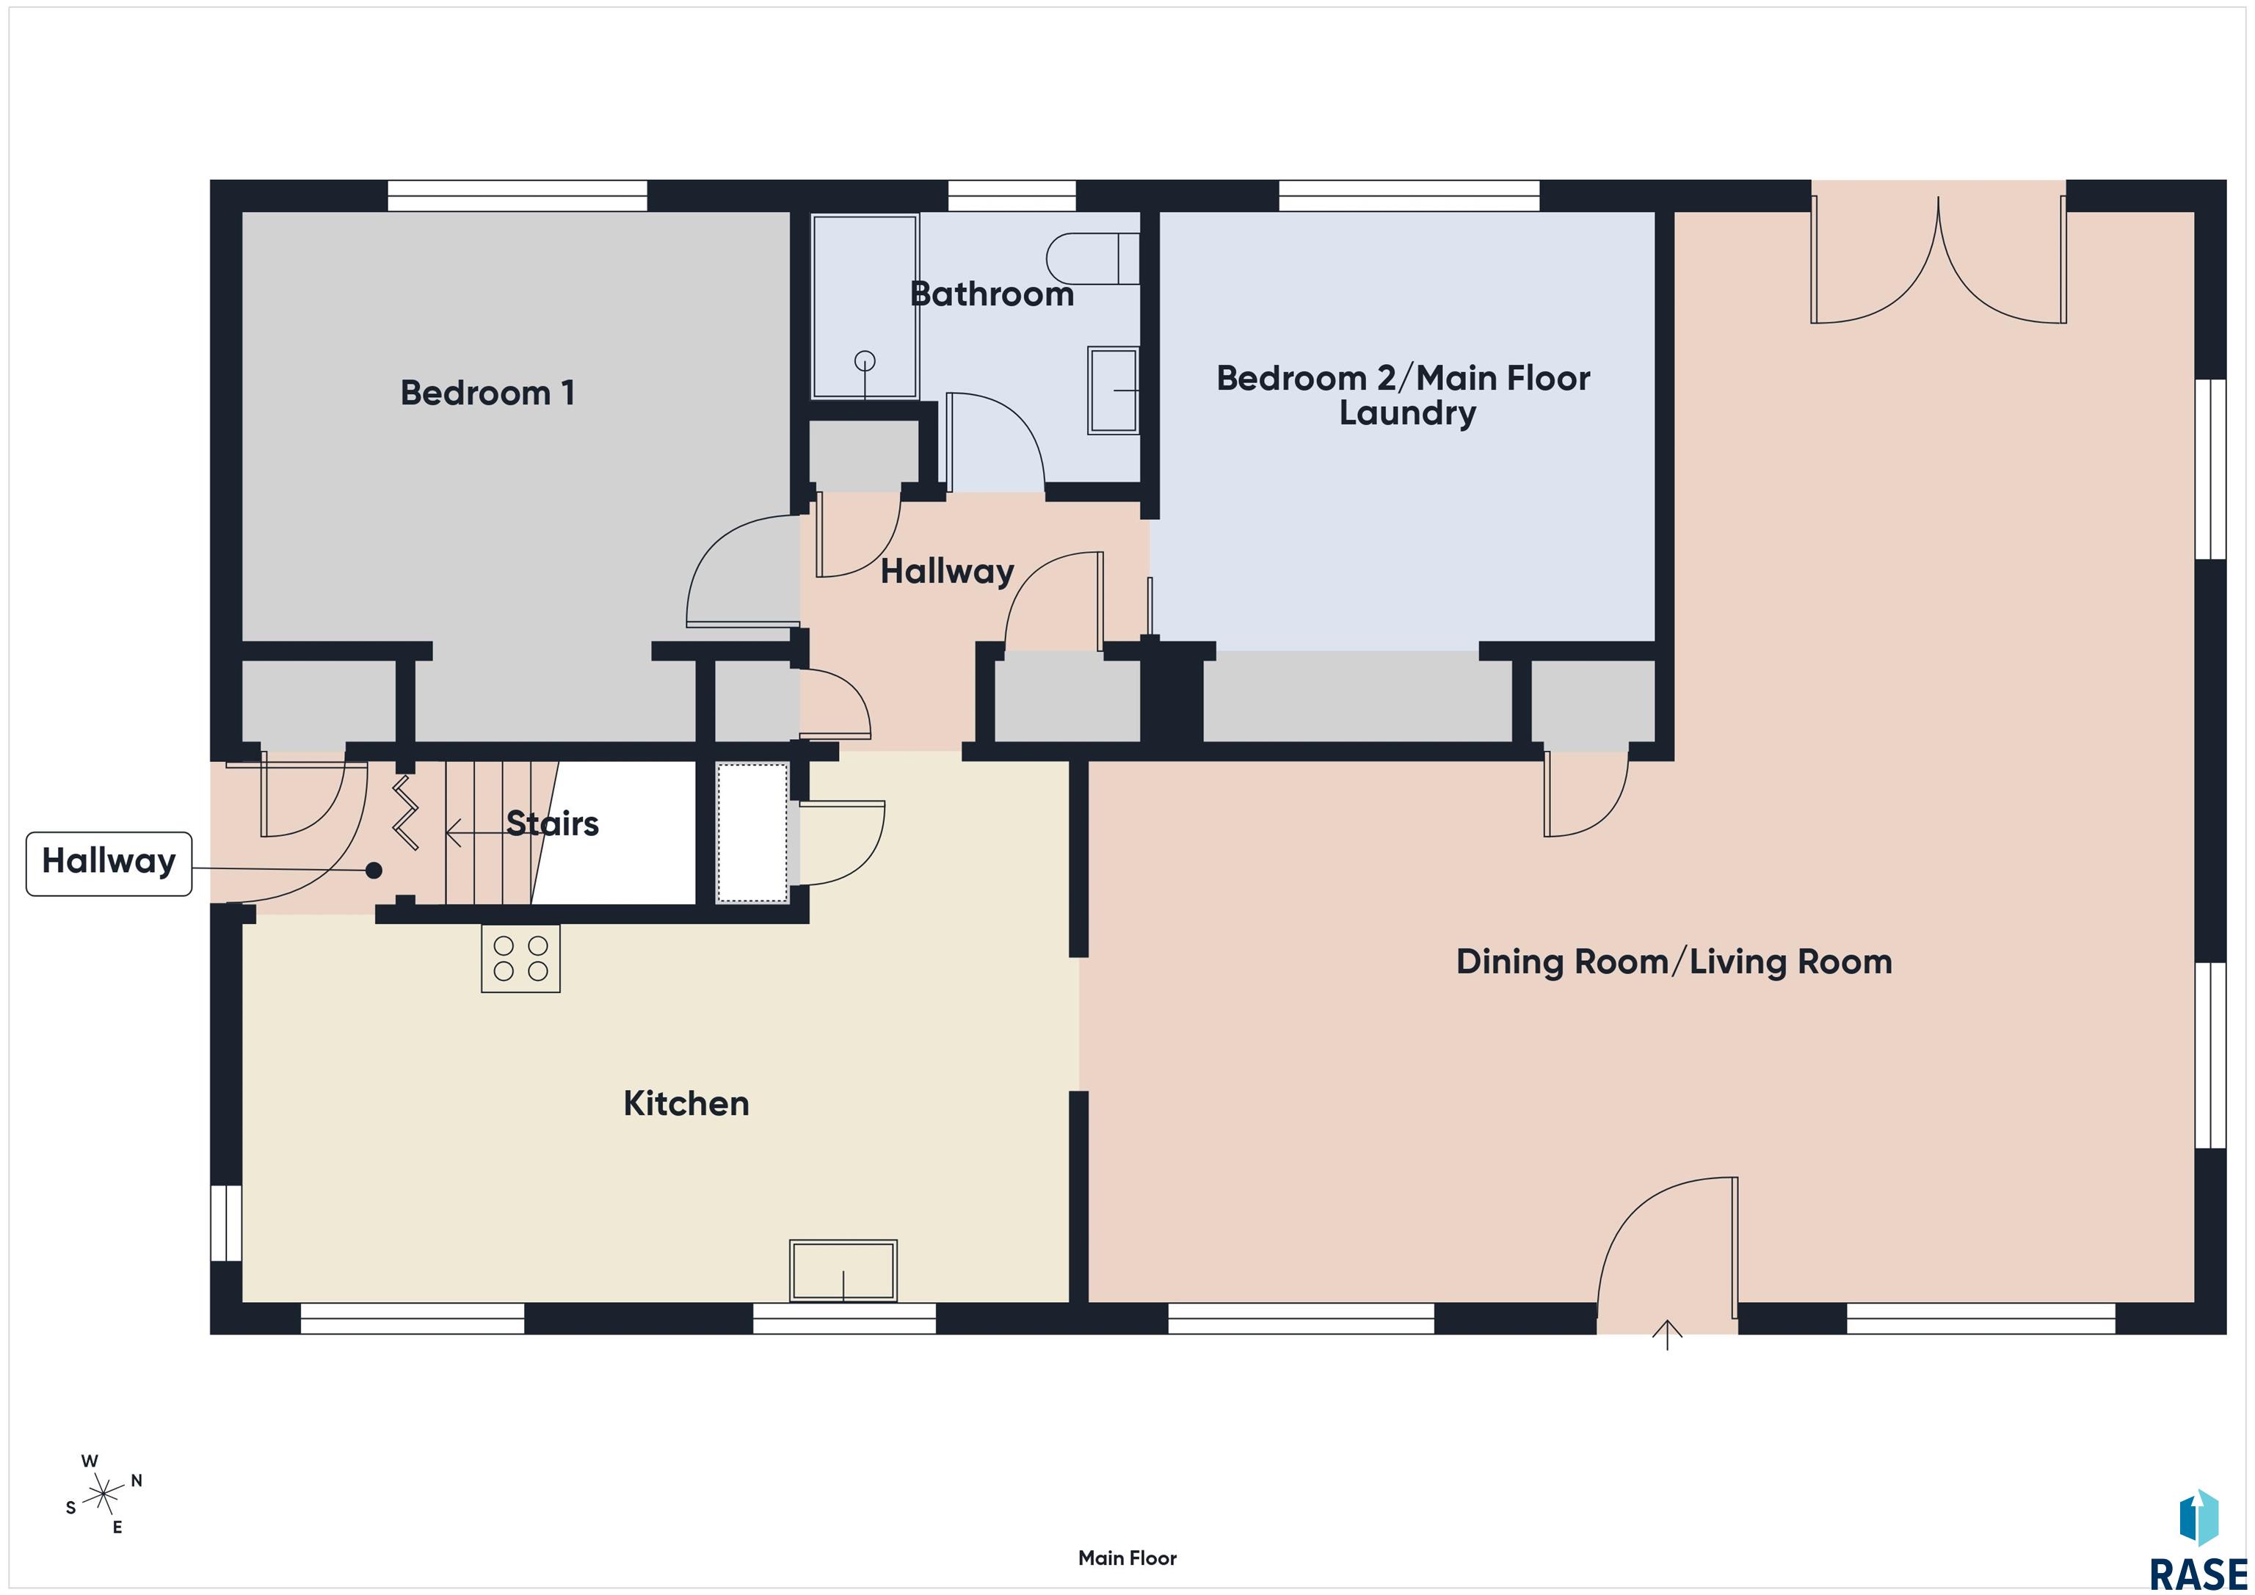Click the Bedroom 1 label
(x=487, y=393)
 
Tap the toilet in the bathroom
(x=1092, y=259)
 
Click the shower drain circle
(x=864, y=361)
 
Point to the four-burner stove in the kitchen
(x=520, y=959)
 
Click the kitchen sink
(x=843, y=1271)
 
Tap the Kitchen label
(x=686, y=1104)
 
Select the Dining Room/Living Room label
(x=1674, y=962)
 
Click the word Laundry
(x=1407, y=413)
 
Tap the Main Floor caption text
(x=1127, y=1558)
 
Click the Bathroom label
(x=992, y=294)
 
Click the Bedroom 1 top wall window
(x=518, y=195)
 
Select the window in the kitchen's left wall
(x=226, y=1223)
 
